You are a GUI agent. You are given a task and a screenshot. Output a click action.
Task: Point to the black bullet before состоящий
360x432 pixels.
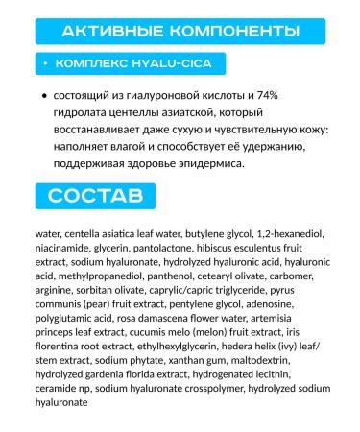(45, 97)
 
